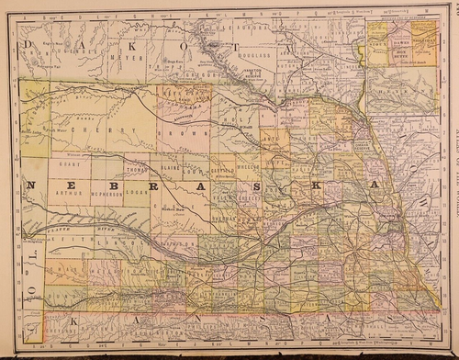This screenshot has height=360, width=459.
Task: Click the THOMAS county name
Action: (137, 168)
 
